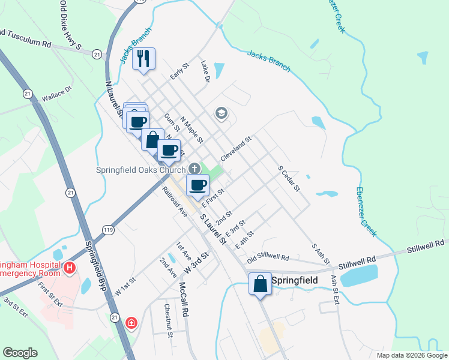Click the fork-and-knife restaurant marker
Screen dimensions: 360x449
[143, 59]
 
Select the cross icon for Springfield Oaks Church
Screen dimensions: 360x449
[194, 169]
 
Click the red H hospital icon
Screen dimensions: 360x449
[70, 267]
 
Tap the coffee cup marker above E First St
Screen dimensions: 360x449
[198, 185]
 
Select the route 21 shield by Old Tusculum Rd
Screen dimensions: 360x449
[97, 54]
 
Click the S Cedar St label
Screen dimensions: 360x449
[288, 179]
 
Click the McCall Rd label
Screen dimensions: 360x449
[184, 300]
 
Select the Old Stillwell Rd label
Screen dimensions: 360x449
[268, 256]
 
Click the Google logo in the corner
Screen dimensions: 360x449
[20, 353]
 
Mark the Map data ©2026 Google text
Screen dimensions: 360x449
[411, 355]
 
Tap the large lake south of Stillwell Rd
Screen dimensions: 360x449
[358, 275]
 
